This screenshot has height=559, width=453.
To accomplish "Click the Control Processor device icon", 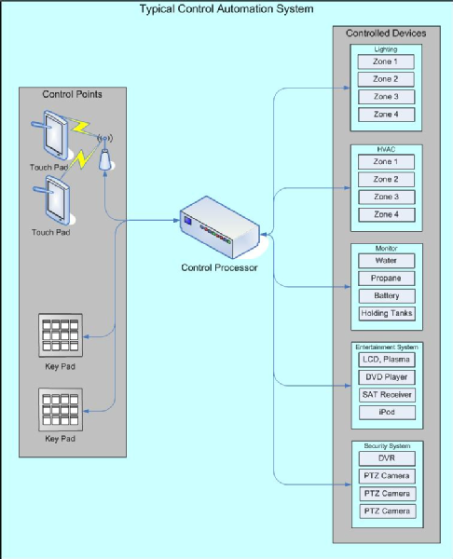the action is [220, 227].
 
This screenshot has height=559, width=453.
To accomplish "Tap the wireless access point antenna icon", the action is [105, 153].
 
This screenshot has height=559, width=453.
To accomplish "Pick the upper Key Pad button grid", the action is [61, 335].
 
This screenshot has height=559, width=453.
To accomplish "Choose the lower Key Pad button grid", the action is [61, 410].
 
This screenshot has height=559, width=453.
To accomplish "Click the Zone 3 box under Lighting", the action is [386, 97].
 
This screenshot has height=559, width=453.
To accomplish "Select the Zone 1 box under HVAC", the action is [386, 162].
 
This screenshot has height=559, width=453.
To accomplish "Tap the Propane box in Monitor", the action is [386, 278].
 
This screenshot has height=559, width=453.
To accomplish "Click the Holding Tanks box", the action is [387, 313].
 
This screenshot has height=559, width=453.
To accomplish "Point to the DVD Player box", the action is [387, 377].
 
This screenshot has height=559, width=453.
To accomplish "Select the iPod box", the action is [387, 412].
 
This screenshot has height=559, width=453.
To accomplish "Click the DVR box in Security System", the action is [387, 458].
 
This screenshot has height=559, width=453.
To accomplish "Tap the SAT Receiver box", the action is [387, 395].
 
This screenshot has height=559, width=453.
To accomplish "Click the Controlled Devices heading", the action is [386, 34].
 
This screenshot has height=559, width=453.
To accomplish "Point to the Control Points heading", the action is [72, 94].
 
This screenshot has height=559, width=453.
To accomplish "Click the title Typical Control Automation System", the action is [226, 9].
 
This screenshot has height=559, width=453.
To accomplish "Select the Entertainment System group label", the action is [387, 347].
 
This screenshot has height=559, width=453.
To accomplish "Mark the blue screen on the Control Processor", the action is [187, 221].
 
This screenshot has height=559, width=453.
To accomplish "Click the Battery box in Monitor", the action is [387, 296].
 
